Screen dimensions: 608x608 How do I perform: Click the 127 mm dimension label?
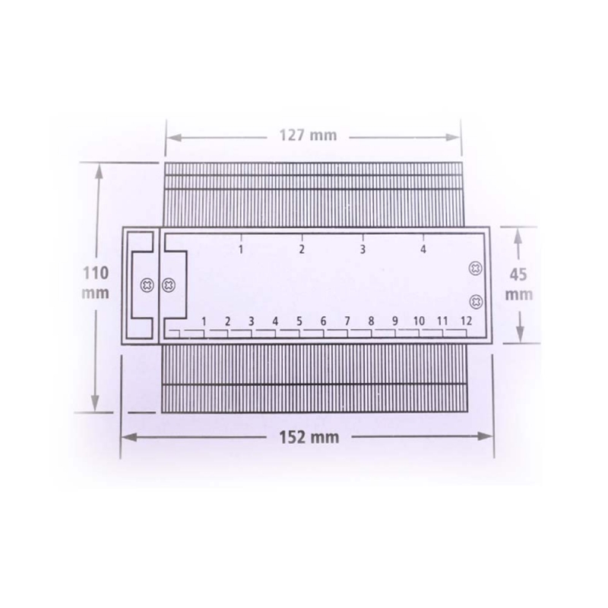coord(308,135)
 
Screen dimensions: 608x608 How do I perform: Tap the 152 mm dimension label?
coord(309,438)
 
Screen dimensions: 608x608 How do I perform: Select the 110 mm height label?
coord(96,283)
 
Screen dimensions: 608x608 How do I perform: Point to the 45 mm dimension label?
coord(518,284)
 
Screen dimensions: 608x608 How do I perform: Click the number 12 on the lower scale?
coord(466,321)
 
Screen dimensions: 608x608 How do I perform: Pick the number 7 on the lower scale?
coord(347,321)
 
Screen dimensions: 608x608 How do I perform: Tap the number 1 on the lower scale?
coord(204,321)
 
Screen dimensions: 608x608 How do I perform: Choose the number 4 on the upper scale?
coord(423,249)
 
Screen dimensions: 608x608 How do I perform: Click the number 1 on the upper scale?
coord(241,249)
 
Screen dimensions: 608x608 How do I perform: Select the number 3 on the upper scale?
coord(363,249)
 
